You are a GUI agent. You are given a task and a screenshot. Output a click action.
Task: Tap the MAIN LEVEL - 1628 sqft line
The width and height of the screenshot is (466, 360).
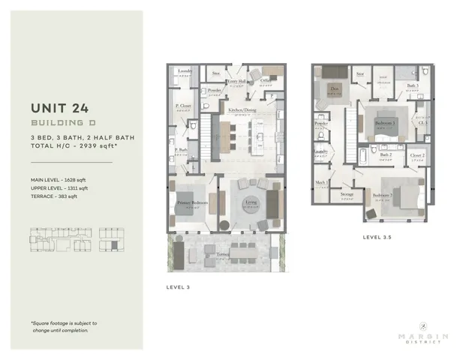pos(59,180)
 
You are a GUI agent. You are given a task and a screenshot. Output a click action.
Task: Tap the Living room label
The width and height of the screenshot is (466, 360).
pos(250,202)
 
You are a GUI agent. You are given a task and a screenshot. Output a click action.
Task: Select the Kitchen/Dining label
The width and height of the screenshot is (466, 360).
pos(243,111)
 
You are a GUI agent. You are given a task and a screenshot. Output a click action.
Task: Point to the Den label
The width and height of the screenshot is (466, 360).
pos(334,88)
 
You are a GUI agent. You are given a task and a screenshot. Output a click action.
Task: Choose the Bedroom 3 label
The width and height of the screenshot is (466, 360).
pos(385,123)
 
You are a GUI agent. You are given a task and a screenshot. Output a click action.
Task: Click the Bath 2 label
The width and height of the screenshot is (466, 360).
pos(386,155)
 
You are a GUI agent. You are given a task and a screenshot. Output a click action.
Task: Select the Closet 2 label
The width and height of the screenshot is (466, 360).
pos(418,155)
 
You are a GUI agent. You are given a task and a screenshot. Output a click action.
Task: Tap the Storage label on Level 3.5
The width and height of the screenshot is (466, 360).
pos(346,194)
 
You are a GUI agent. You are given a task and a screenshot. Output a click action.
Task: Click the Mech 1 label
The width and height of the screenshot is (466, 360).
pos(321,182)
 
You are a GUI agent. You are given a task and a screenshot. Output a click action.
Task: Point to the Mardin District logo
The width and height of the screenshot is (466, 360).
pos(423,331)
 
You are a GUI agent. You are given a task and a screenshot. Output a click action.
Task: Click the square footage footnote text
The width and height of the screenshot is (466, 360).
pos(64,326)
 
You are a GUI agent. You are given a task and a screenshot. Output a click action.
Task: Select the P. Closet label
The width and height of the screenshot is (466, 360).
pos(181,106)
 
